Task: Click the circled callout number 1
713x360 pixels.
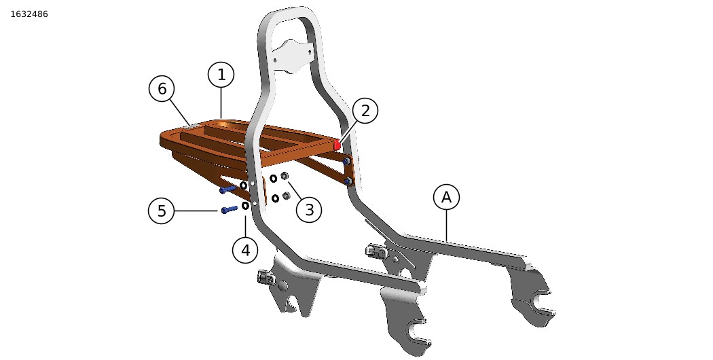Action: [x=221, y=75]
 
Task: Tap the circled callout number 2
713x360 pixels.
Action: [x=365, y=110]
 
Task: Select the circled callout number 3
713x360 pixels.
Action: [x=309, y=210]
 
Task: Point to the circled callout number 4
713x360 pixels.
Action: [x=246, y=250]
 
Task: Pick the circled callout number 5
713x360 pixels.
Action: [x=162, y=211]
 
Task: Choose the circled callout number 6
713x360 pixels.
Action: [x=162, y=89]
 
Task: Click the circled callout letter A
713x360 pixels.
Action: [x=447, y=198]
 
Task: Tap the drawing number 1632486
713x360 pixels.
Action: [x=29, y=14]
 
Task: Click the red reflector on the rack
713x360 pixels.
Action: [x=337, y=145]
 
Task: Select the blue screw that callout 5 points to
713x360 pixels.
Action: [x=230, y=209]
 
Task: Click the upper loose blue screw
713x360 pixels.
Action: [x=227, y=190]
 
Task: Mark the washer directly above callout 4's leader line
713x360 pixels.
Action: [x=245, y=206]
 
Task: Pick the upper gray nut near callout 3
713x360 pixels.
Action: [x=285, y=176]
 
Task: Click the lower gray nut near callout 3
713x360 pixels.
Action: [x=286, y=196]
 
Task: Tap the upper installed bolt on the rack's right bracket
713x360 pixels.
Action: [x=346, y=161]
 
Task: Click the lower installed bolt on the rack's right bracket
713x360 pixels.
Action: [x=348, y=181]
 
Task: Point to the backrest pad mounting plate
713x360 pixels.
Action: [x=293, y=56]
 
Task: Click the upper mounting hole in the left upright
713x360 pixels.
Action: [x=253, y=184]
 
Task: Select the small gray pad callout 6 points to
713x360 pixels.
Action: [x=193, y=126]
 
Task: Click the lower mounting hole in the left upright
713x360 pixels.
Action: [x=255, y=204]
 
